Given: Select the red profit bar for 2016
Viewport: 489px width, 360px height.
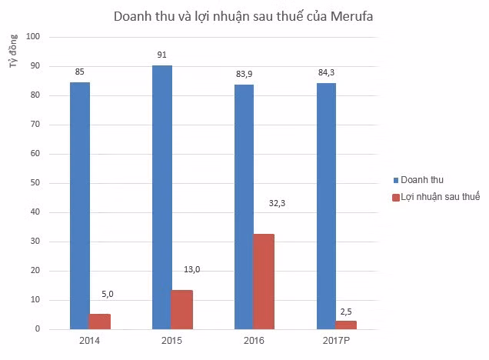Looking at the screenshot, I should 263,282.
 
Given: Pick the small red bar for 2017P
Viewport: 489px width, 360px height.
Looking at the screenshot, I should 345,325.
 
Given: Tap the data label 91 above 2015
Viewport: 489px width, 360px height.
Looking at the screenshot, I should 161,55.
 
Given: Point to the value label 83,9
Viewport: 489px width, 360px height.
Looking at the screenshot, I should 243,73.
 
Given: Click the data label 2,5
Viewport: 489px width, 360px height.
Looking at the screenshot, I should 346,310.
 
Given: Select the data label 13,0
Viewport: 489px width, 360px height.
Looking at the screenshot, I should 191,269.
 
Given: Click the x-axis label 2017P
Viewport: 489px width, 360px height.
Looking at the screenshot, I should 336,339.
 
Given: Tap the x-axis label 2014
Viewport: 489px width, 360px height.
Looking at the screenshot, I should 90,339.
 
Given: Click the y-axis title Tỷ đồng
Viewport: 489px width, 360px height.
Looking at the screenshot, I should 13,53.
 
